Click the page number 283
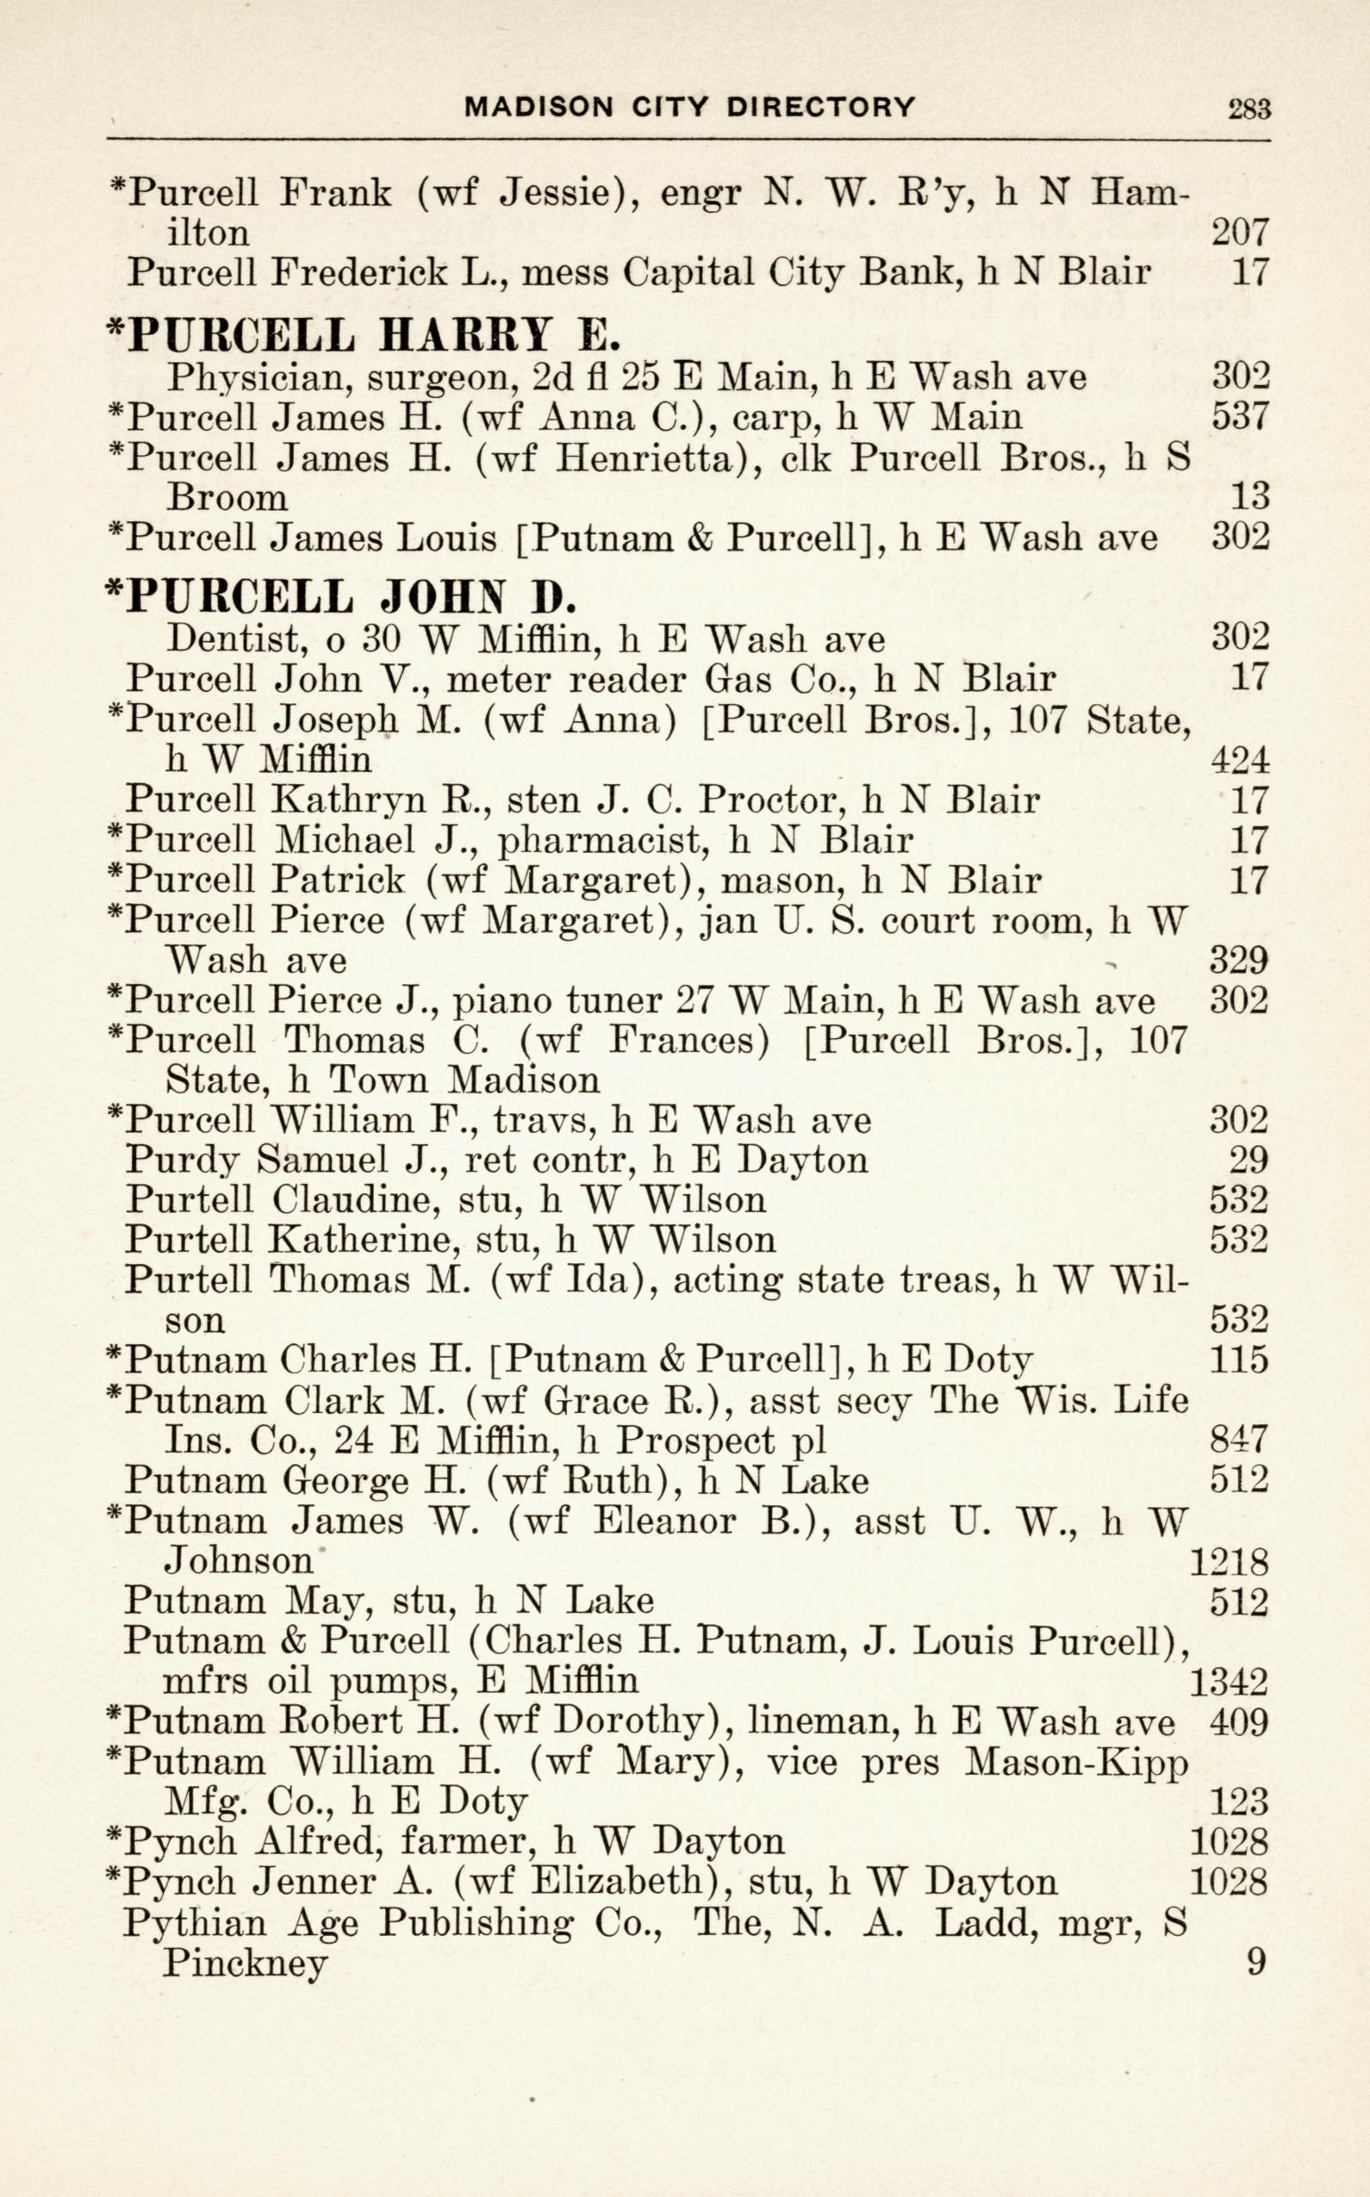tap(1249, 109)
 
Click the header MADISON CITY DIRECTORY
tap(689, 107)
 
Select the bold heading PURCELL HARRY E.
tap(365, 334)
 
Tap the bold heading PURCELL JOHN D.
tap(343, 596)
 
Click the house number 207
tap(1240, 233)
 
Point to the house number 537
tap(1240, 416)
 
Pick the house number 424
tap(1240, 759)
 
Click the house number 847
tap(1239, 1440)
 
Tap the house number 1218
tap(1228, 1560)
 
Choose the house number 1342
tap(1228, 1682)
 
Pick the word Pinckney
tap(244, 1964)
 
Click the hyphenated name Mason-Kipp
tap(1075, 1762)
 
